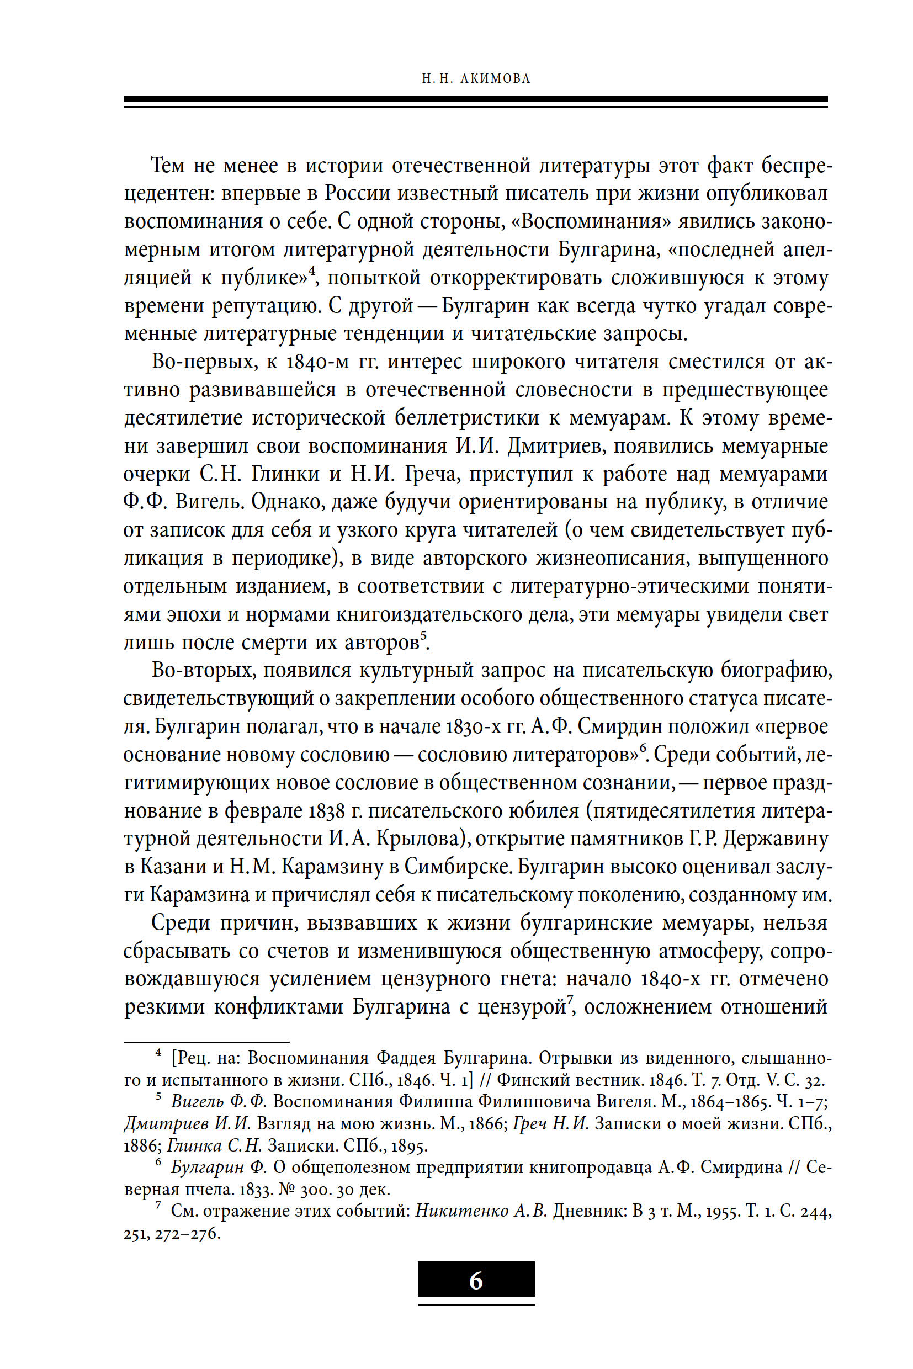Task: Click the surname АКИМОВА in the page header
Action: tap(495, 78)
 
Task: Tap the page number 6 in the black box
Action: tap(476, 1281)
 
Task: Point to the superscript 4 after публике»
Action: tap(312, 272)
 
